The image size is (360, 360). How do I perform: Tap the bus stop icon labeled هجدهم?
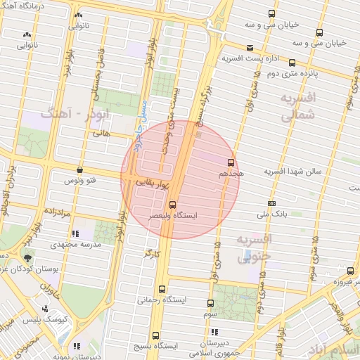231,162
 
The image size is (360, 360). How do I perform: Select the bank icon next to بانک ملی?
273,204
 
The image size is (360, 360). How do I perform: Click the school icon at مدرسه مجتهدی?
75,233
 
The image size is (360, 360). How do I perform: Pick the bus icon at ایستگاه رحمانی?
163,289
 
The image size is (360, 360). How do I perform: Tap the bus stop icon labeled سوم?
211,303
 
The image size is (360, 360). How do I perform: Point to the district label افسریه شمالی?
298,106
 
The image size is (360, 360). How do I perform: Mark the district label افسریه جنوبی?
252,249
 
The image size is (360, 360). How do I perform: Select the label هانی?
101,131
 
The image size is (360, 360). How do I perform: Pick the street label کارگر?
152,252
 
